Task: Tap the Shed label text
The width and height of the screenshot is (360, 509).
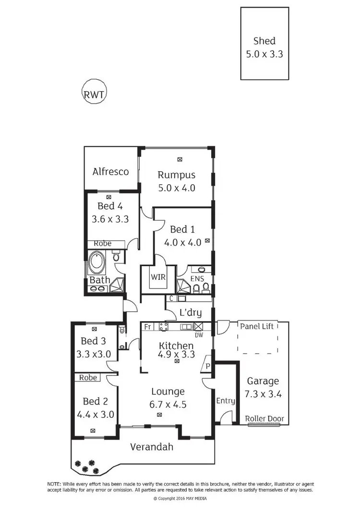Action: pyautogui.click(x=264, y=41)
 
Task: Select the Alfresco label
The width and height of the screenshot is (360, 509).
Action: pyautogui.click(x=111, y=171)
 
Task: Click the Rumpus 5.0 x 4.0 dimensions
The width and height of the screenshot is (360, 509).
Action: pyautogui.click(x=177, y=188)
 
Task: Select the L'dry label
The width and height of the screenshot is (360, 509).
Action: pyautogui.click(x=190, y=313)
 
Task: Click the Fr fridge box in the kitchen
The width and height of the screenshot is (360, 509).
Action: pyautogui.click(x=148, y=327)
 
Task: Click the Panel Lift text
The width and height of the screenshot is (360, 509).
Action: pyautogui.click(x=257, y=326)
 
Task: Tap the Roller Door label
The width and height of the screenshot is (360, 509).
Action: pyautogui.click(x=264, y=419)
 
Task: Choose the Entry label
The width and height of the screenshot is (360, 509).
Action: pyautogui.click(x=226, y=401)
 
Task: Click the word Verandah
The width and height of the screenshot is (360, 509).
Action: pyautogui.click(x=152, y=447)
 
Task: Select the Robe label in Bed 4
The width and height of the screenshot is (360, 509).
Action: pyautogui.click(x=102, y=243)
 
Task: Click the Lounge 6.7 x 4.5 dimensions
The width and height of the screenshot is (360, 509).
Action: pyautogui.click(x=168, y=404)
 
